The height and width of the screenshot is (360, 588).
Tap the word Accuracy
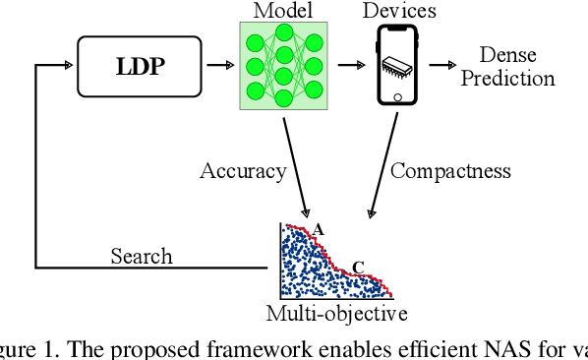click(x=243, y=170)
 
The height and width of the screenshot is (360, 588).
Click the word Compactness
click(x=450, y=170)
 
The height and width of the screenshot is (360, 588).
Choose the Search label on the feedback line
click(x=141, y=256)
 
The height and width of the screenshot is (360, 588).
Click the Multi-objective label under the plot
click(x=337, y=314)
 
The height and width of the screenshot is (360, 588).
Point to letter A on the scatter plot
click(x=318, y=229)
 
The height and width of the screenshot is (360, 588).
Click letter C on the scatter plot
click(x=358, y=266)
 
